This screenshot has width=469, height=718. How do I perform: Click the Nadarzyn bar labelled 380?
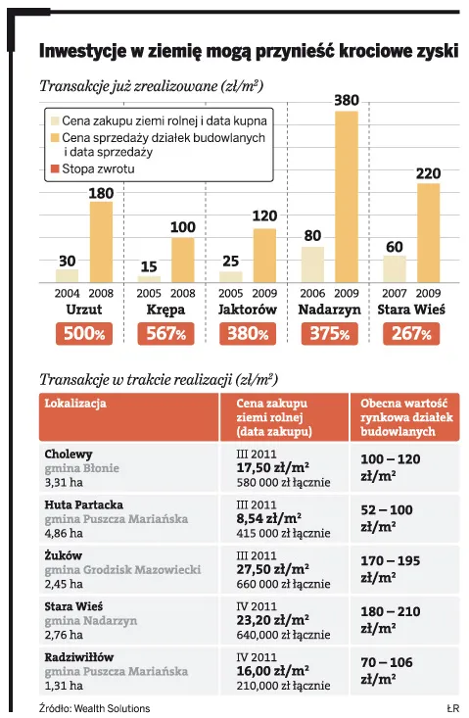tap(346, 196)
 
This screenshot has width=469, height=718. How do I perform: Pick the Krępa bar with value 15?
tap(149, 279)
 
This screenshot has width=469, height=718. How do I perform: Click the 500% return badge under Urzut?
tap(83, 334)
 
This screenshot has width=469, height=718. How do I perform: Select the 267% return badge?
tap(410, 334)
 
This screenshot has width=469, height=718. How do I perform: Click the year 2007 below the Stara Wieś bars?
tap(394, 293)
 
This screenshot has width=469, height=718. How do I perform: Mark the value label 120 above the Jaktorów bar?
tap(264, 215)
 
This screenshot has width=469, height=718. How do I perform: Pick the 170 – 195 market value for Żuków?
tap(391, 562)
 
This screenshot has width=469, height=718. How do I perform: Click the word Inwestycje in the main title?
tap(81, 50)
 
